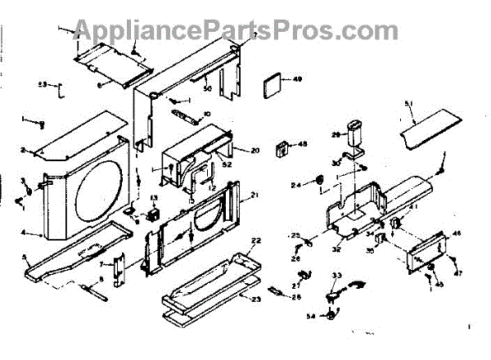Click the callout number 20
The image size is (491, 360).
(x=255, y=151)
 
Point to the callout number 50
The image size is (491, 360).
(x=208, y=88)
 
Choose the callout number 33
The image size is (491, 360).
(x=336, y=276)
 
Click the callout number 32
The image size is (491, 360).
(x=337, y=250)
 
